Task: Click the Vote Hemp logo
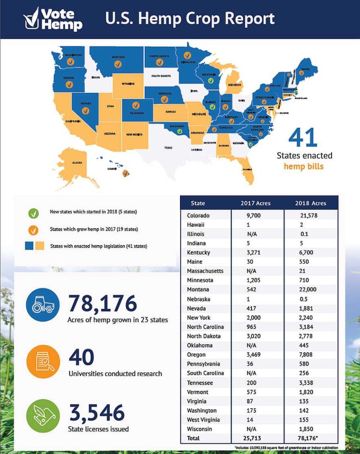53,19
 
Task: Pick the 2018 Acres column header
310,203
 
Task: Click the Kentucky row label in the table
199,253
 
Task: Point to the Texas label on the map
168,148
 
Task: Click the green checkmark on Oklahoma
180,132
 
